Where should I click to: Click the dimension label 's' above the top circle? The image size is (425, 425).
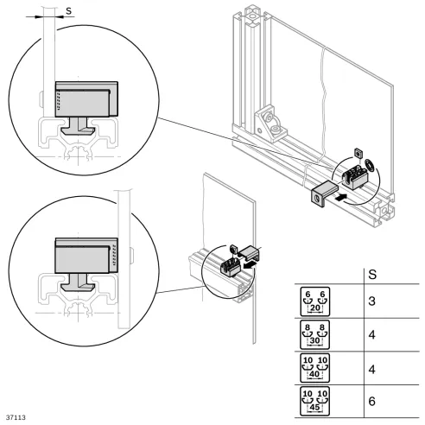click(69, 10)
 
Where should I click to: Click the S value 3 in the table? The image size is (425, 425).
click(371, 302)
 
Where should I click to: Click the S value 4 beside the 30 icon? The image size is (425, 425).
click(371, 334)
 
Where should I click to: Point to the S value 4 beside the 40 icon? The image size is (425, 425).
click(371, 366)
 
